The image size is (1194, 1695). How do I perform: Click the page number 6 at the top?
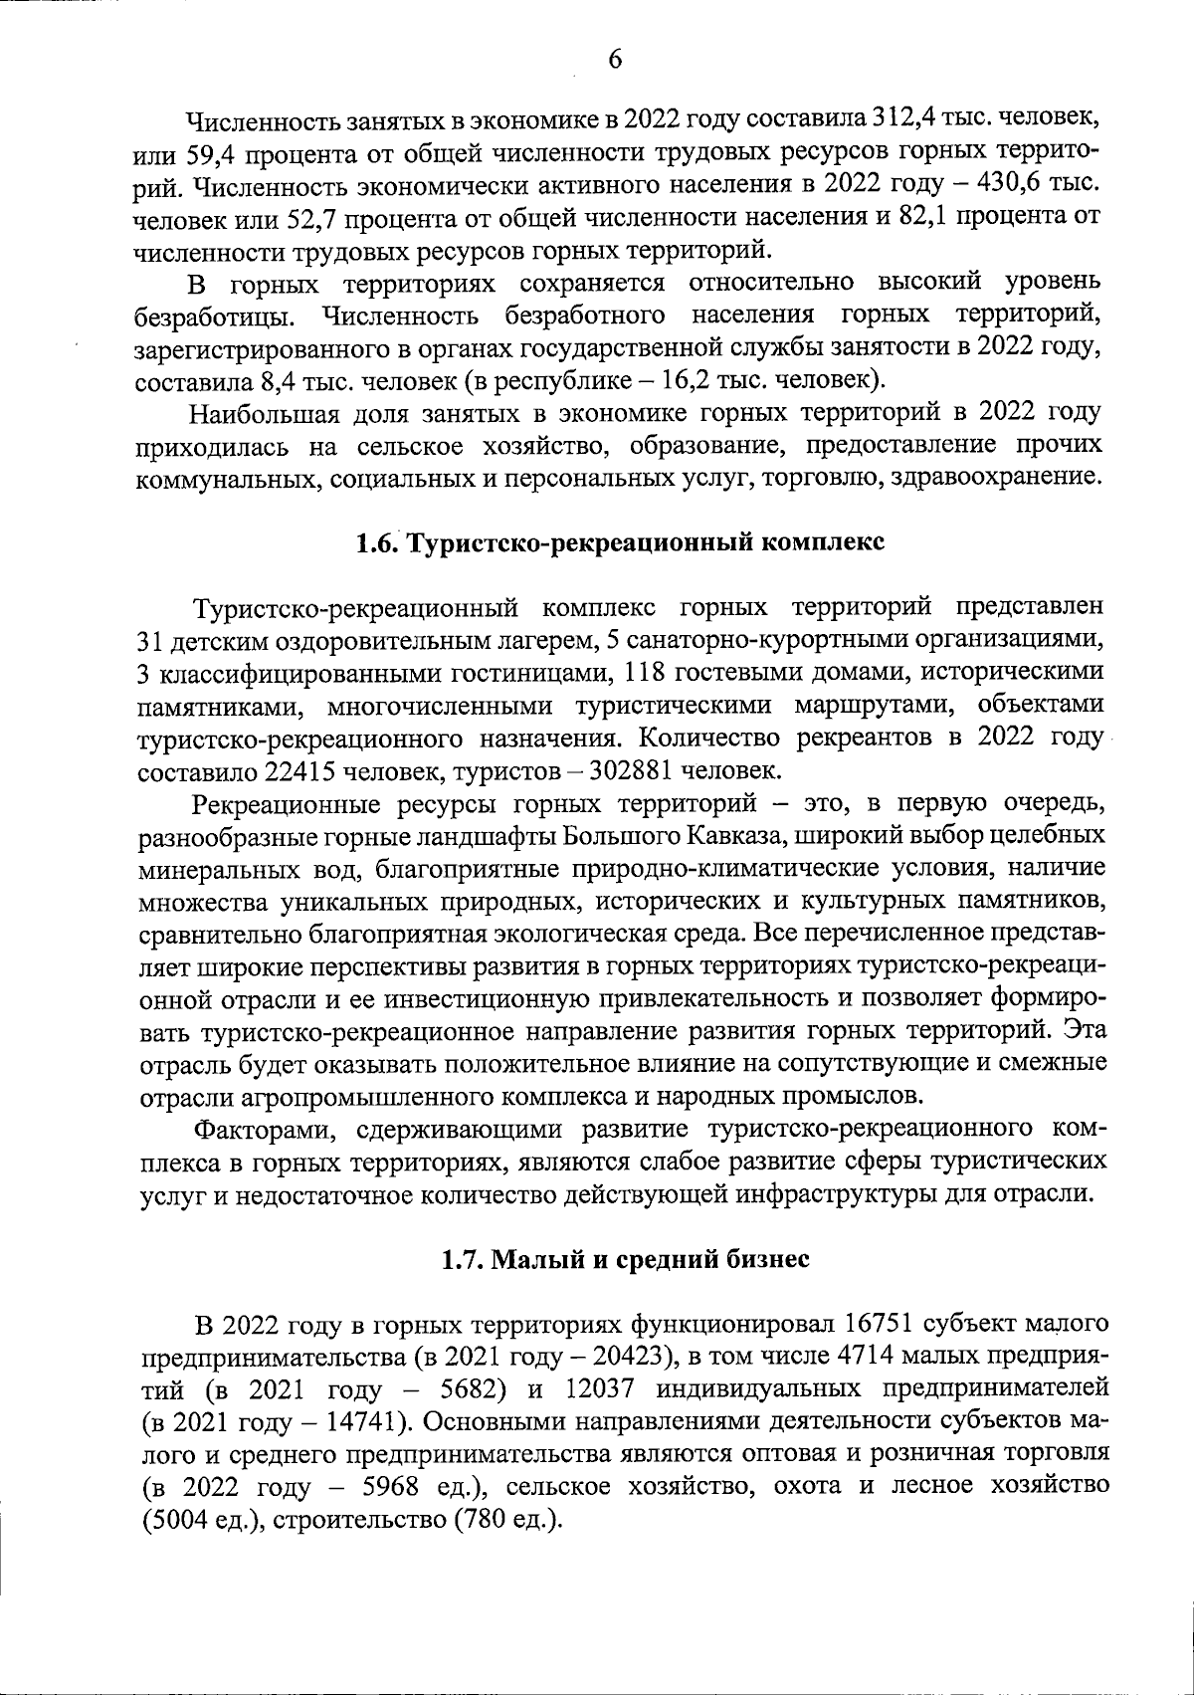[614, 60]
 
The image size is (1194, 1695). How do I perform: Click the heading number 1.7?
[463, 1259]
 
